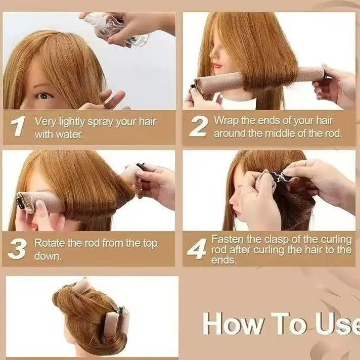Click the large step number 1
pos(18,126)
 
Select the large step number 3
pos(17,249)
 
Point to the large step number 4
pos(197,249)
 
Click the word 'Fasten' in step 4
pos(228,239)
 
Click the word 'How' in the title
pos(233,324)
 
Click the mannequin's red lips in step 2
pos(217,65)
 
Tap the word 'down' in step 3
pos(48,256)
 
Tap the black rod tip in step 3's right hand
pos(141,166)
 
